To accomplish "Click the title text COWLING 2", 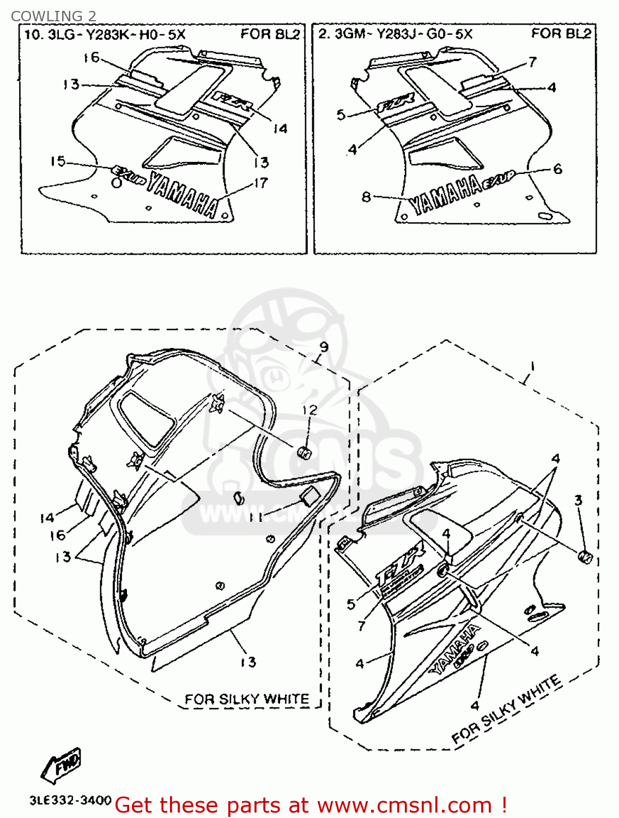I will coord(53,16).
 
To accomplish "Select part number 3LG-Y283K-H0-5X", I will coord(117,35).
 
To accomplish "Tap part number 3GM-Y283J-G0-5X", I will coord(403,34).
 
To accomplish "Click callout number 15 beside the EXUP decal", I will coord(58,161).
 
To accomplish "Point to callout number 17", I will coord(260,183).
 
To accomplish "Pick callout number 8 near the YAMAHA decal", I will coord(366,196).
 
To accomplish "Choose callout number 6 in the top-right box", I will coord(557,169).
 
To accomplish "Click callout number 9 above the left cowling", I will coord(324,347).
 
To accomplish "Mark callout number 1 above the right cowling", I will coord(532,366).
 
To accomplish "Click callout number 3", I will coord(578,500).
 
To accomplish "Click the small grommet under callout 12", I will coord(304,452).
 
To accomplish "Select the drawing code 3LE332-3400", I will coord(71,801).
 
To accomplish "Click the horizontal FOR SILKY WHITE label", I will coord(246,699).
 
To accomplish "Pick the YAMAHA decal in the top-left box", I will coord(183,194).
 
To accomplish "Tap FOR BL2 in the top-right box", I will coord(561,34).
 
